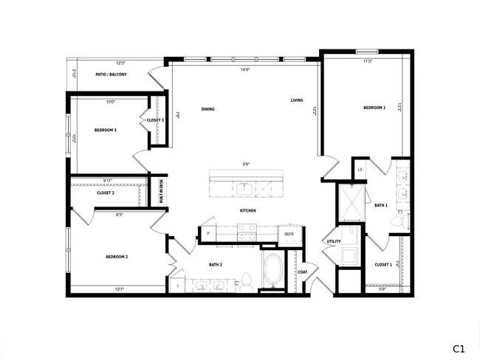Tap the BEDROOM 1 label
(x=374, y=108)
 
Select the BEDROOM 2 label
(x=117, y=257)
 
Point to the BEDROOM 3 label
(x=106, y=130)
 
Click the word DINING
(x=208, y=109)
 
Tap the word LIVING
(x=296, y=100)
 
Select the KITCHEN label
(x=247, y=211)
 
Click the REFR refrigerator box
(x=289, y=234)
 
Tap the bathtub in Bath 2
(x=272, y=271)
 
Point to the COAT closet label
(x=302, y=271)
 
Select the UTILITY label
(x=332, y=241)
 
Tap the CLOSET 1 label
(x=383, y=264)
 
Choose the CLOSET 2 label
(x=106, y=193)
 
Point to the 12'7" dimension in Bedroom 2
(x=120, y=289)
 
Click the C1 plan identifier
(x=459, y=347)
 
